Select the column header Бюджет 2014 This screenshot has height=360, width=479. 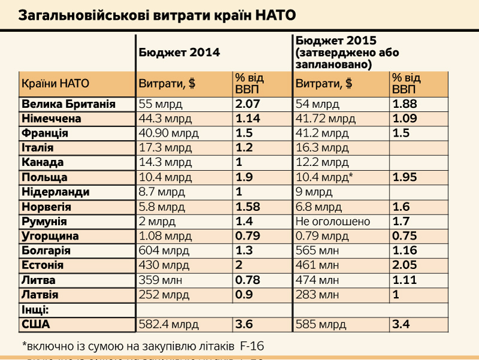pos(179,52)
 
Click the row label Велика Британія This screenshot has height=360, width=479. pos(68,104)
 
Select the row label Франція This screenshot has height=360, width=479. pos(45,133)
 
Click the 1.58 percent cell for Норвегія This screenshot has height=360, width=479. pos(248,207)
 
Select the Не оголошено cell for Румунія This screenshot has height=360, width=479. pos(333,222)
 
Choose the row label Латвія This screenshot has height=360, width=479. pos(40,295)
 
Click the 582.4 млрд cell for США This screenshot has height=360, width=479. pos(168,324)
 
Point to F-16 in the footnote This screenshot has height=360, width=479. pos(251,346)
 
